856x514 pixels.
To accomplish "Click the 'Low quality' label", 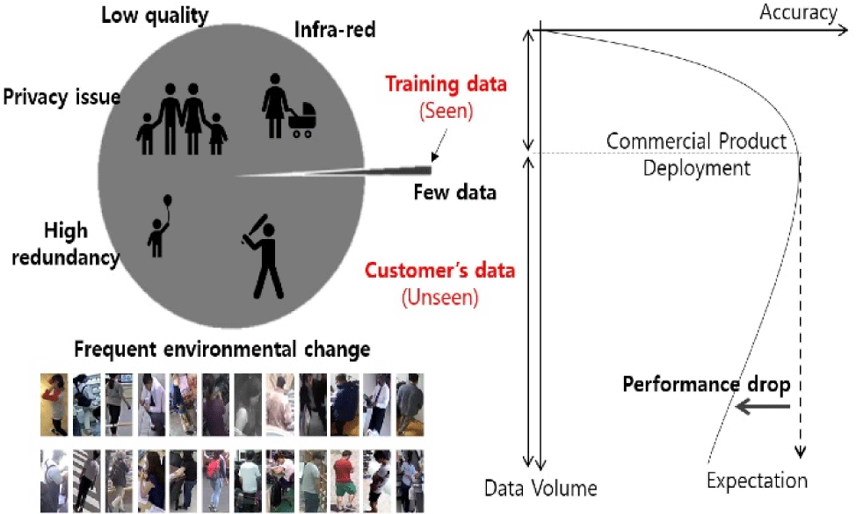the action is point(155,15).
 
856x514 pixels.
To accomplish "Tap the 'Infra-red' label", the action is point(335,30).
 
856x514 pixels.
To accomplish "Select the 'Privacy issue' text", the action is point(62,98).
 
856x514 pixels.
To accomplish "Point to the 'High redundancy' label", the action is point(66,244).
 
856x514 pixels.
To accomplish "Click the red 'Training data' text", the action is point(446,84).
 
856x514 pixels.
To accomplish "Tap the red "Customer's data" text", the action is point(439,270).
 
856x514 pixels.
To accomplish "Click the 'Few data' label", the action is point(454,192).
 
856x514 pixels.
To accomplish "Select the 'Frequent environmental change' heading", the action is point(222,349).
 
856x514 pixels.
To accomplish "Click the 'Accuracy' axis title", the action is point(798,12).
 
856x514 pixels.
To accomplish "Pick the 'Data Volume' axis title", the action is point(540,488).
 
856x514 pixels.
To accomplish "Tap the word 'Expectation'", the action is point(758,480).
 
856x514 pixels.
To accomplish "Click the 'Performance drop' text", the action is point(707,385).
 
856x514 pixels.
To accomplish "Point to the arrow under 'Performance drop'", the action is point(763,406).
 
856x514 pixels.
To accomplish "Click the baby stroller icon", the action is point(301,120).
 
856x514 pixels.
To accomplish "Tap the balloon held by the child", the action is point(167,201).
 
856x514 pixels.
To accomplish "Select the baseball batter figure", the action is point(264,257).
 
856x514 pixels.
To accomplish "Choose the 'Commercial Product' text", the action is point(696,141).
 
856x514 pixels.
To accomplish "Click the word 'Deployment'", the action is point(697,168).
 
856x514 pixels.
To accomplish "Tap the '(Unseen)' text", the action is point(440,297).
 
